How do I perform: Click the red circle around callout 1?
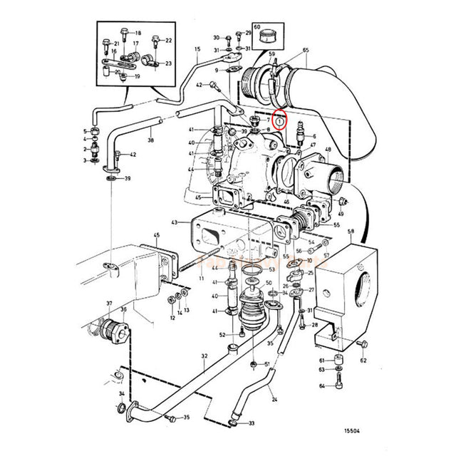coord(281,123)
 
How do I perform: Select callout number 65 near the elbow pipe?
coord(305,50)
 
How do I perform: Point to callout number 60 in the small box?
coord(257,26)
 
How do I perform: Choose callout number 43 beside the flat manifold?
coord(175,223)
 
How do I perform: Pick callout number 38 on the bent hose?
coord(150,141)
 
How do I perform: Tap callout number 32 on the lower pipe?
coord(204,356)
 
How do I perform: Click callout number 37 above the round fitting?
coord(110,303)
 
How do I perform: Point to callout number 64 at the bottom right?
coord(322,385)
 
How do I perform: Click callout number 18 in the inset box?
coord(138,33)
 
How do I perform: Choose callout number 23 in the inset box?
coord(168,63)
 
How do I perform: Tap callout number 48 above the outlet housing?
coord(328,149)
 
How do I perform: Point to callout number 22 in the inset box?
coord(169,41)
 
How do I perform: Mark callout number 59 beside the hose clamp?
coord(271,54)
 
